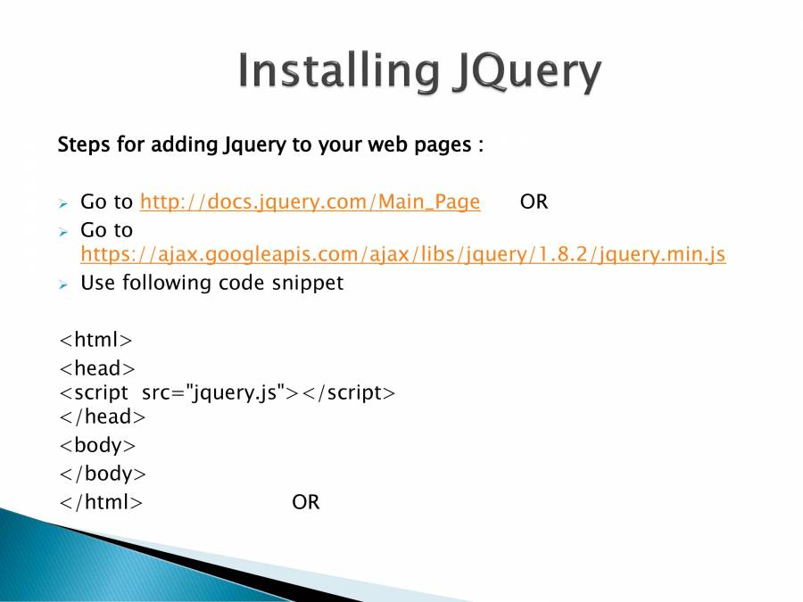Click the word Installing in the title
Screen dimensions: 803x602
tap(338, 70)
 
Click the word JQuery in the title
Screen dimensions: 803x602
tap(526, 71)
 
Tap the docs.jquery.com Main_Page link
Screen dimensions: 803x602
tap(310, 202)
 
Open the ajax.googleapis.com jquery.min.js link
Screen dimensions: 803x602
tap(403, 254)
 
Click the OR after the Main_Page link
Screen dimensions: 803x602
tap(534, 202)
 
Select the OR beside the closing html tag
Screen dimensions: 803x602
tap(306, 502)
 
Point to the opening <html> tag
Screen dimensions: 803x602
tap(95, 340)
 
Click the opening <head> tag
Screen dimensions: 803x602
tap(97, 368)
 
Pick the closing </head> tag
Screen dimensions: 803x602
tap(103, 416)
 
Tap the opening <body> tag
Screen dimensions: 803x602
tap(97, 445)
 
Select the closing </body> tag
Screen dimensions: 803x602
tap(103, 474)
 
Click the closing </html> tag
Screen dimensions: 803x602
tap(101, 502)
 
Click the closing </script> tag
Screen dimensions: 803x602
tap(349, 393)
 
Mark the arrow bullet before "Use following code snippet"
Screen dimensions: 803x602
tap(63, 285)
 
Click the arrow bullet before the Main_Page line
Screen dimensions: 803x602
tap(63, 203)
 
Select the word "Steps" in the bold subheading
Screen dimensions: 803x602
tap(84, 144)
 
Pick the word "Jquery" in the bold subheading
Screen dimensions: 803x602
tap(254, 145)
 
